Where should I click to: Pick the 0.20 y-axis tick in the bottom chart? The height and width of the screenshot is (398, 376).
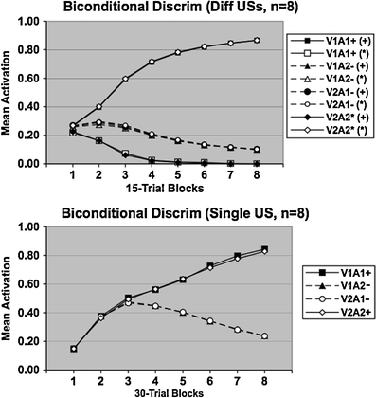pyautogui.click(x=27, y=341)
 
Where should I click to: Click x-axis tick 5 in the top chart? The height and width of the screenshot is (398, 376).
pyautogui.click(x=175, y=177)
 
